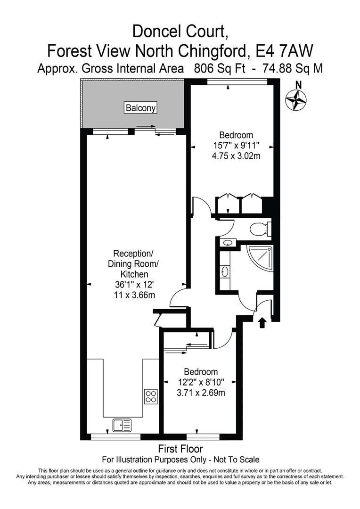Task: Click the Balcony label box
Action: pos(140,108)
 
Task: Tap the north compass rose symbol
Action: pos(296,99)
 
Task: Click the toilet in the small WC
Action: pos(260,229)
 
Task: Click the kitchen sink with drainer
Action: pos(122,426)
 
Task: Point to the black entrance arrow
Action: pos(262,322)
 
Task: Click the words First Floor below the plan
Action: pos(181,449)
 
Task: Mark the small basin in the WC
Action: pos(227,243)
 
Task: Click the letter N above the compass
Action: pos(297,85)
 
